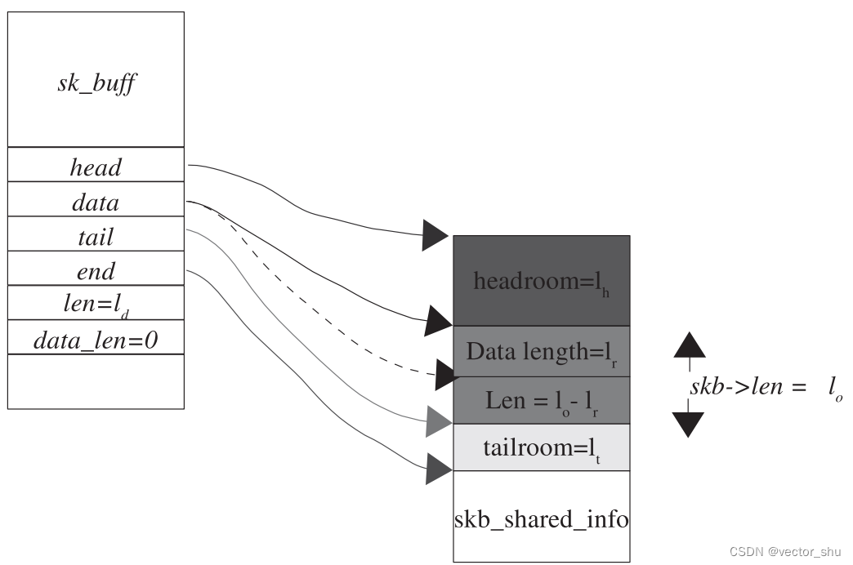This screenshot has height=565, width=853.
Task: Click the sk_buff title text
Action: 96,84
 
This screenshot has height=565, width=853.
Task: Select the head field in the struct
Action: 96,167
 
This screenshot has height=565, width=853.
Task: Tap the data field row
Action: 96,202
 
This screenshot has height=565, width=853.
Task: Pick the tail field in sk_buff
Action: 96,237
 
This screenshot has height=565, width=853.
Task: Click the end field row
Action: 96,270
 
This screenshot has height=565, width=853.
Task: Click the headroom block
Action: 541,281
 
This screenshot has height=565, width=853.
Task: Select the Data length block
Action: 541,352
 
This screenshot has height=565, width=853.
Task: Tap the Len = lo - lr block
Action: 541,400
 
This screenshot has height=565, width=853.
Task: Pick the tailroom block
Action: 541,447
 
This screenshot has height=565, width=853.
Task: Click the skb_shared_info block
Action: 541,518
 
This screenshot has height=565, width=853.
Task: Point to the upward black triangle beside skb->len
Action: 689,346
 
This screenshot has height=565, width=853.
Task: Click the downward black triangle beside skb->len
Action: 689,424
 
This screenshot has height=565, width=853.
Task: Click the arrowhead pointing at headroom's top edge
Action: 435,235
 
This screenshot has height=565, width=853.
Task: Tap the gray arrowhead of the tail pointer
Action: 438,422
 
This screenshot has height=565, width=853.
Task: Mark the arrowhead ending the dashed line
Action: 446,375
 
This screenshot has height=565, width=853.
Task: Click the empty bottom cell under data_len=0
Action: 96,381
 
